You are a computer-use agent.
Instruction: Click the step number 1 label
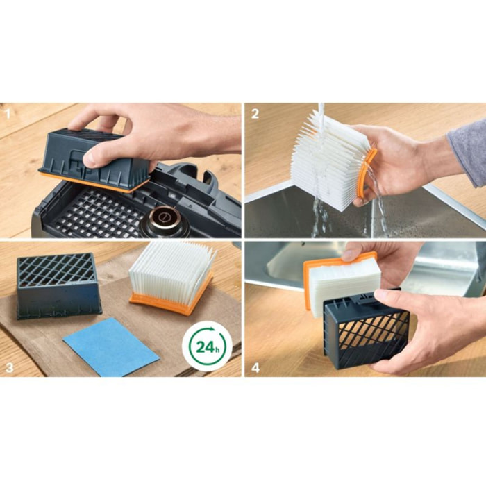pyautogui.click(x=8, y=115)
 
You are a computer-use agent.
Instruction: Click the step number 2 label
pyautogui.click(x=255, y=114)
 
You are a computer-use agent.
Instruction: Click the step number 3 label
pyautogui.click(x=9, y=367)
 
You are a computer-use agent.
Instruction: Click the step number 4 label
pyautogui.click(x=255, y=368)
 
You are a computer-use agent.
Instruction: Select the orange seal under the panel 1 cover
pyautogui.click(x=93, y=182)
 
